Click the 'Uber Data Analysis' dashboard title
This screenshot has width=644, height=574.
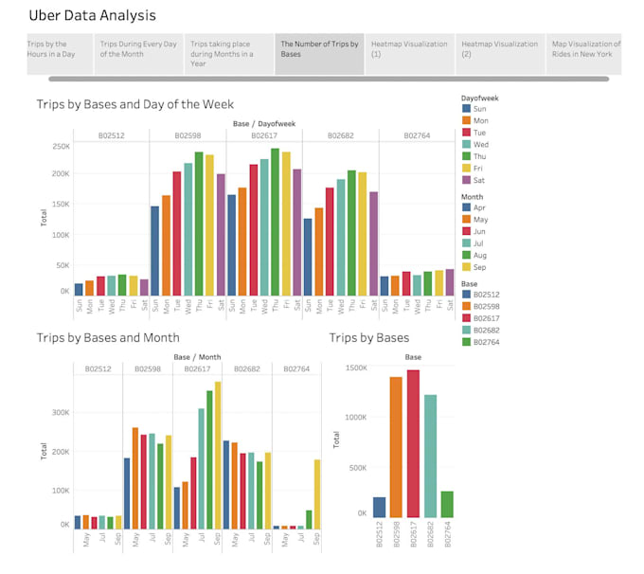coord(92,16)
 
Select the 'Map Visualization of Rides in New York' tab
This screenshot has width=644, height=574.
coord(585,49)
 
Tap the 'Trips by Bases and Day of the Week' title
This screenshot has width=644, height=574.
coord(134,104)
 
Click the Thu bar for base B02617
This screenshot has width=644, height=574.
coord(275,223)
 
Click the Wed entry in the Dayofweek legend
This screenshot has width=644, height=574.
coord(480,145)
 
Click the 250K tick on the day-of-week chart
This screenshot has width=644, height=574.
coord(61,147)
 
